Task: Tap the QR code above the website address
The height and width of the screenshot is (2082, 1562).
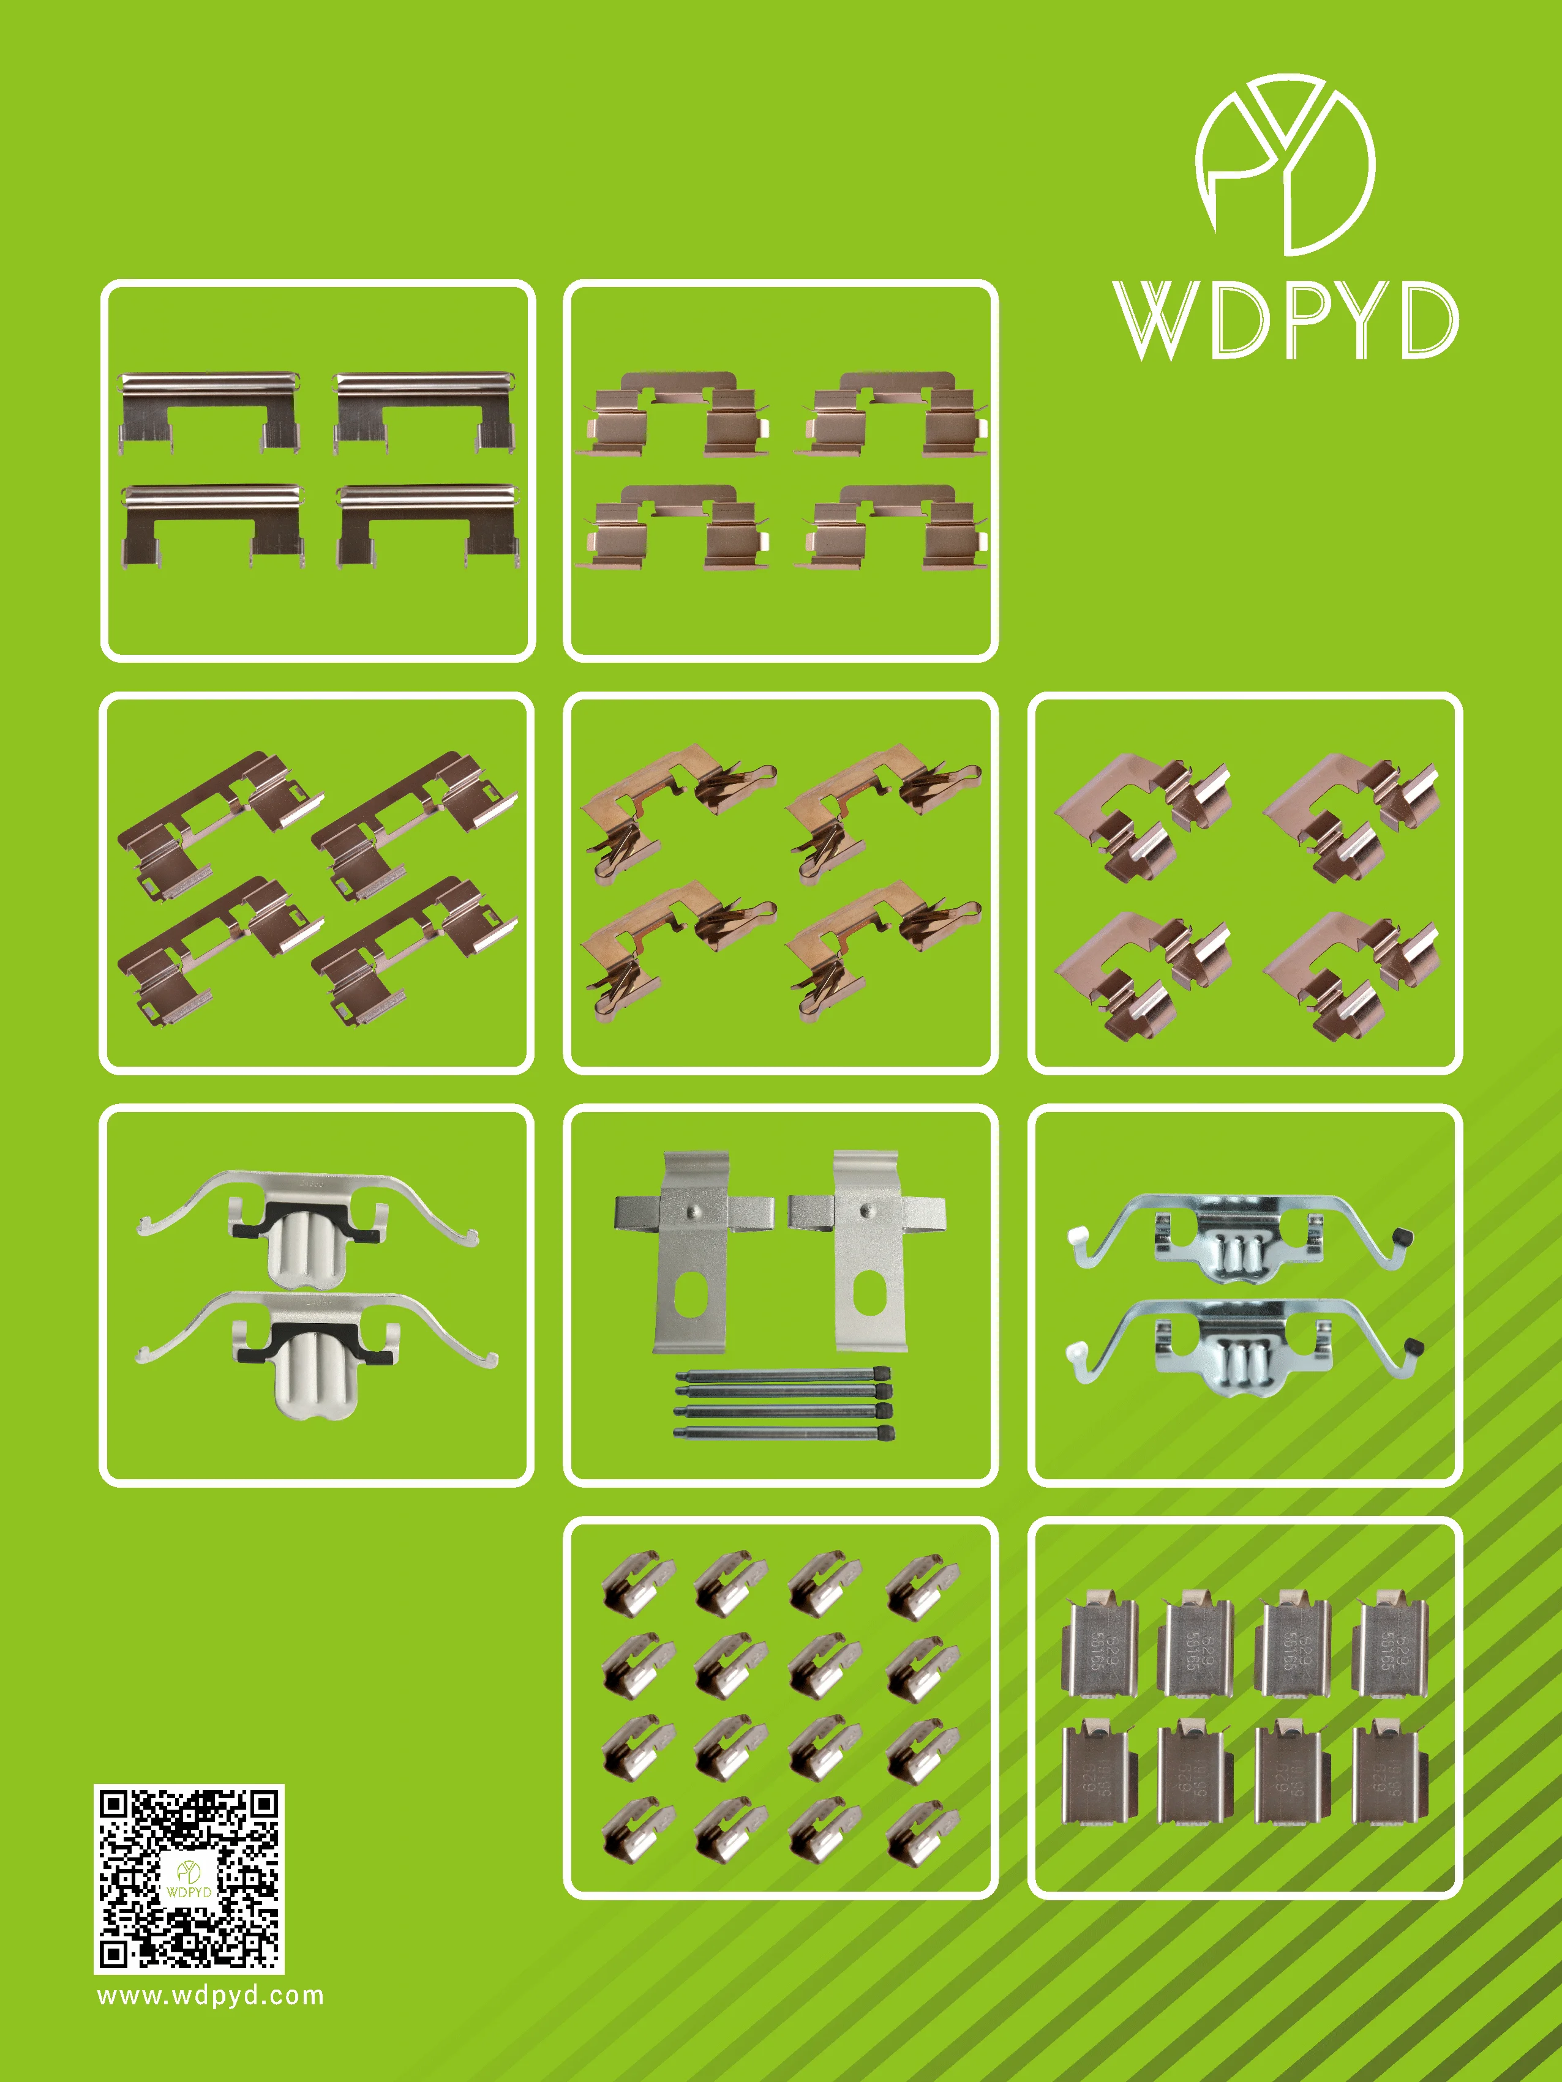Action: tap(189, 1878)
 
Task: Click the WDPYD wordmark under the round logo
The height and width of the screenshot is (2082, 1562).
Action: tap(1285, 320)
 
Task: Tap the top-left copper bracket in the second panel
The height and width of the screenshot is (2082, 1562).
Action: tap(672, 414)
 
